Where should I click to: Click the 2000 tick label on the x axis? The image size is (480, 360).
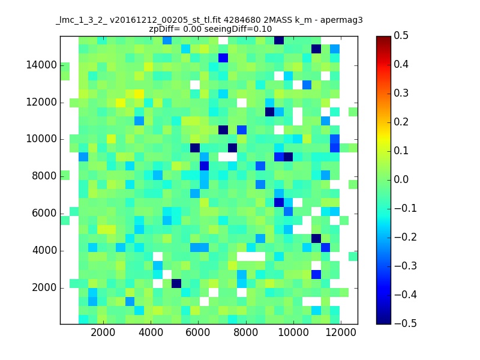[x=103, y=332]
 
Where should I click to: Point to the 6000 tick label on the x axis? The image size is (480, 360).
[x=198, y=332]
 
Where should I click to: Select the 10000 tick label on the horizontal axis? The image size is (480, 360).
[x=293, y=332]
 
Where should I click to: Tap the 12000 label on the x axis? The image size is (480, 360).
[x=341, y=332]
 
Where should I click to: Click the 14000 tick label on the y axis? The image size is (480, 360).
[x=41, y=65]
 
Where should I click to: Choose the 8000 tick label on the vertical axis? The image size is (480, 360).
[x=44, y=176]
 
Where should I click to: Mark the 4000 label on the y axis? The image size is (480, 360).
[x=44, y=250]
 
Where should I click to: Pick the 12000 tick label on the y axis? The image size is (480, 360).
[x=41, y=102]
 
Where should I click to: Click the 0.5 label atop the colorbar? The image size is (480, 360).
[x=401, y=35]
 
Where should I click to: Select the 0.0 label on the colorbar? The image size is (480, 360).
[x=401, y=179]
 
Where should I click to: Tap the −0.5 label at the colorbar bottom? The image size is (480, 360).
[x=406, y=323]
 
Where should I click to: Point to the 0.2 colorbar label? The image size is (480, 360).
[x=401, y=122]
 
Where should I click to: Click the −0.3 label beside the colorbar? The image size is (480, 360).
[x=406, y=266]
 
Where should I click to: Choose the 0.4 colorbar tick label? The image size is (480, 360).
[x=401, y=64]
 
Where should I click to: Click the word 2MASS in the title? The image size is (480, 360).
[x=276, y=20]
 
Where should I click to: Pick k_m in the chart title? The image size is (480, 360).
[x=303, y=21]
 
